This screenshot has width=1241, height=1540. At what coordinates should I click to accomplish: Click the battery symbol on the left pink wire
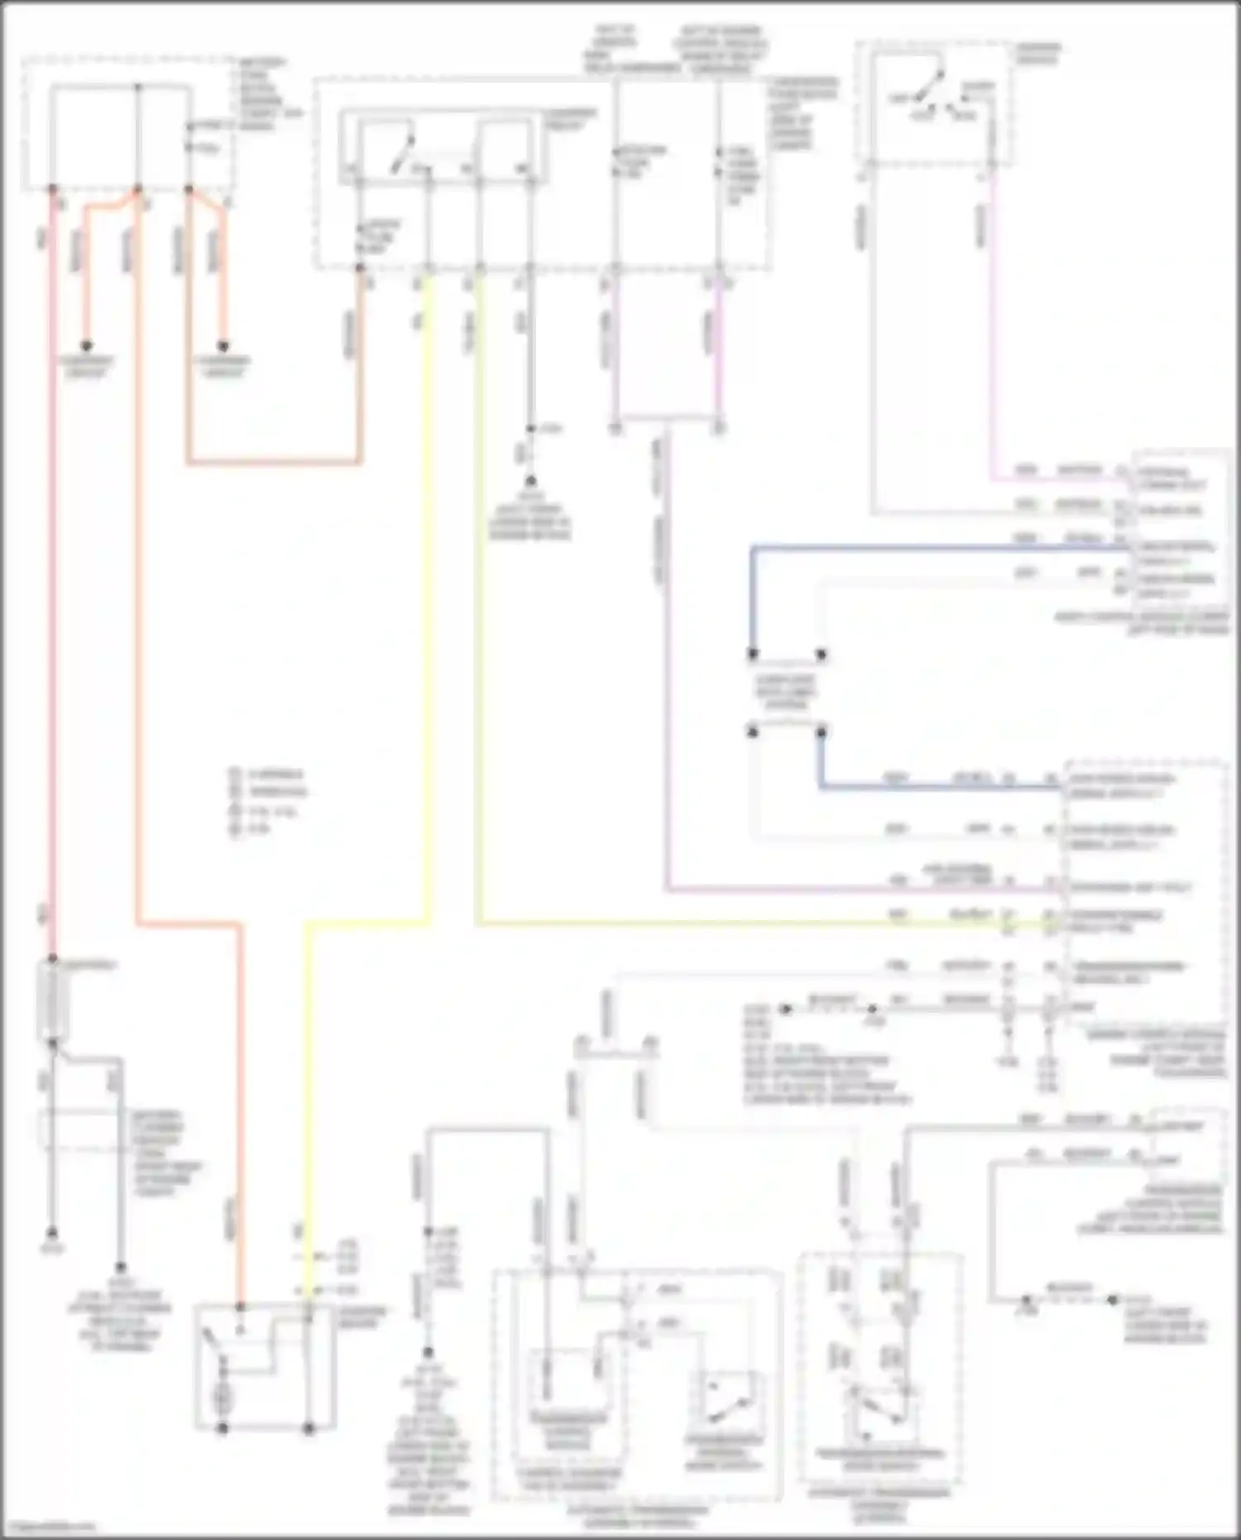pos(54,1001)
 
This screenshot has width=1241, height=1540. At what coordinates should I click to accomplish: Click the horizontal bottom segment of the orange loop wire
pos(273,462)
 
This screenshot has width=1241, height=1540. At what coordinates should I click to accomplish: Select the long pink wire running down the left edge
pos(52,579)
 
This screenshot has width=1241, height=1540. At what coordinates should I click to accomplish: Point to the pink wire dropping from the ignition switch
pos(991,331)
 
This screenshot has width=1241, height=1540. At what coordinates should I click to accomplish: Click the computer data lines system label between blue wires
pos(786,693)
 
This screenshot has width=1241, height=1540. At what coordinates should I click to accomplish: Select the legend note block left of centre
pos(266,800)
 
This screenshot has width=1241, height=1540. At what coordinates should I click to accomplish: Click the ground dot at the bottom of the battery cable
pos(51,1232)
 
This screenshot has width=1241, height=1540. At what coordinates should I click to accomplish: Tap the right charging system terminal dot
pos(223,346)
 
